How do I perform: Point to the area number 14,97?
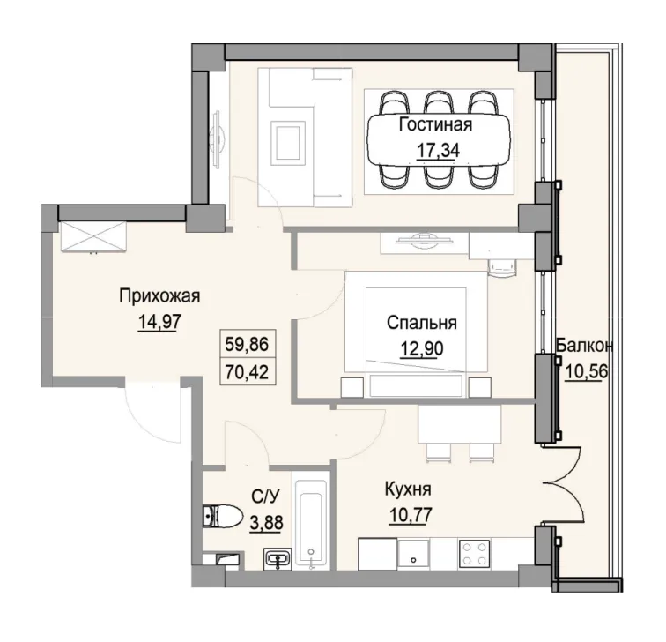click(x=159, y=321)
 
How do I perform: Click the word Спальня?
click(x=419, y=324)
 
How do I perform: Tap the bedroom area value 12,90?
click(x=419, y=347)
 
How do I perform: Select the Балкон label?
click(x=584, y=345)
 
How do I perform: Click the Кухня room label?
click(x=407, y=488)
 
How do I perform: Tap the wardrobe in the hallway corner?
click(x=93, y=236)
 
